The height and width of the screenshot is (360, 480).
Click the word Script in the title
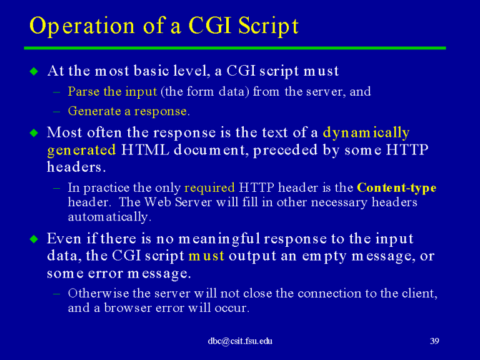tap(268, 26)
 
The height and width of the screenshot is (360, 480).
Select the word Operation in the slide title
tap(82, 26)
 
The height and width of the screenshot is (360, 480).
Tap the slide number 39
tap(434, 341)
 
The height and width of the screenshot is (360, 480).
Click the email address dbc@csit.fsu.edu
tap(240, 341)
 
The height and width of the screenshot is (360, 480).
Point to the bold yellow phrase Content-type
tap(397, 187)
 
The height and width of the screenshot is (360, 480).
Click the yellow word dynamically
tap(366, 133)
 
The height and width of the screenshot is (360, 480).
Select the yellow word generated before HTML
tap(81, 151)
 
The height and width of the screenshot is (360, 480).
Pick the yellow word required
tap(210, 188)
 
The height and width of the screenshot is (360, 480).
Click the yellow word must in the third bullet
tap(207, 256)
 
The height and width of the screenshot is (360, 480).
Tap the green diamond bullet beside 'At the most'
tap(34, 71)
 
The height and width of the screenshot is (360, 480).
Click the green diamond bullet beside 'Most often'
tap(34, 133)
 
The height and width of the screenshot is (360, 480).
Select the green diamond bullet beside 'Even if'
tap(34, 239)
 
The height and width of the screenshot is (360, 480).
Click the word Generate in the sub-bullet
tap(94, 111)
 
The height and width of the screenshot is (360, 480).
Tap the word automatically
tap(109, 217)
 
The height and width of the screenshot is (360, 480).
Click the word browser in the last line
tap(127, 307)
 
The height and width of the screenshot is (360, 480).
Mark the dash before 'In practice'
tap(56, 188)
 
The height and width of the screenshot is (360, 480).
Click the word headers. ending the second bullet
tap(76, 167)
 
